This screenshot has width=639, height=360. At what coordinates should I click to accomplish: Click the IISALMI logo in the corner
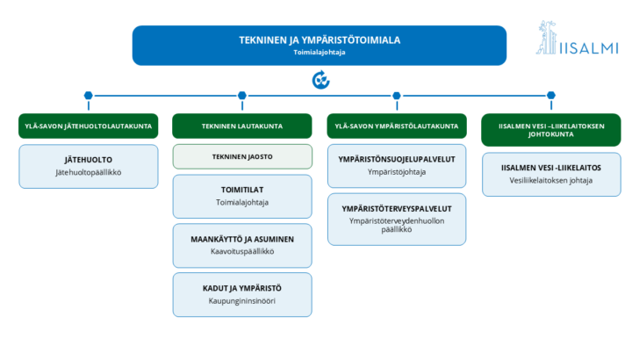[x=577, y=38]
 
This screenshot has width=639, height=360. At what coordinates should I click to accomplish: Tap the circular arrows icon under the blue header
[x=320, y=80]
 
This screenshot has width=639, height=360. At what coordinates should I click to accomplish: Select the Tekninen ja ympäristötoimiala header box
[x=319, y=46]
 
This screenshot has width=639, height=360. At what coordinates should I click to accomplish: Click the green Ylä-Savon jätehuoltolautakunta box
[x=89, y=126]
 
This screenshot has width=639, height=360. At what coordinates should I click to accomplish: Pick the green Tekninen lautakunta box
[x=242, y=126]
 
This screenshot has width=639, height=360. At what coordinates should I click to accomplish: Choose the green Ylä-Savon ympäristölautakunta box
[x=397, y=126]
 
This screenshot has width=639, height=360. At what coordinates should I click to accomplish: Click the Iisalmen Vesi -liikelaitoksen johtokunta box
[x=551, y=130]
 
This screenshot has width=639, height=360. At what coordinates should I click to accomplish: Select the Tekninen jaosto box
[x=242, y=156]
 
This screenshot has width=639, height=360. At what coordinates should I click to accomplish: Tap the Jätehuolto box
[x=89, y=166]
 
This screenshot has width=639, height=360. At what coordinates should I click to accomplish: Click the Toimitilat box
[x=242, y=197]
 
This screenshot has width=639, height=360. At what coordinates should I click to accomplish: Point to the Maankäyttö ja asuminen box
[x=242, y=246]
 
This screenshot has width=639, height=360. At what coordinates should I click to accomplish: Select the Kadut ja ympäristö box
[x=242, y=295]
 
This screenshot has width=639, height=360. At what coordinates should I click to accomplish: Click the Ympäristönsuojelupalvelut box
[x=397, y=166]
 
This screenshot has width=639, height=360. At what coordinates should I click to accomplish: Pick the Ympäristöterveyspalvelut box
[x=397, y=220]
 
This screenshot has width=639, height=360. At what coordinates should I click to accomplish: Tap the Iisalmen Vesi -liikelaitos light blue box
[x=551, y=175]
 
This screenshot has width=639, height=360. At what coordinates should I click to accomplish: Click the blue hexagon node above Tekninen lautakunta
[x=242, y=96]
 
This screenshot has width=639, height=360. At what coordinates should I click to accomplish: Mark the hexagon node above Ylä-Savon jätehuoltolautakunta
[x=89, y=96]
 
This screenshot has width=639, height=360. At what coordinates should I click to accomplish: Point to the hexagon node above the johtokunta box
[x=551, y=96]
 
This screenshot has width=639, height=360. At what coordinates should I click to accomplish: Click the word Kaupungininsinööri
[x=242, y=301]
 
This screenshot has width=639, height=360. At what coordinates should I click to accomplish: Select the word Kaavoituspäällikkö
[x=242, y=251]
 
